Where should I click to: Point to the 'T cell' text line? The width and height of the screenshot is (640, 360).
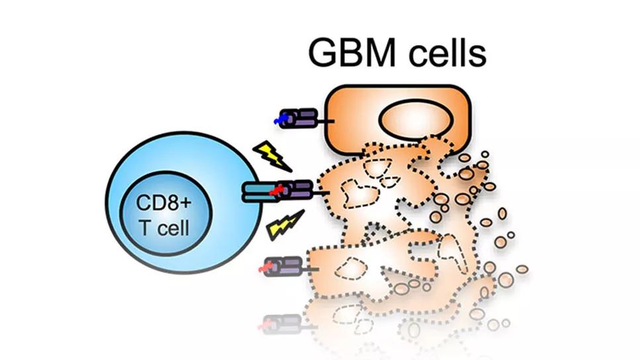164,228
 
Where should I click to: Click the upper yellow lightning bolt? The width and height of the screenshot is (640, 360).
271,156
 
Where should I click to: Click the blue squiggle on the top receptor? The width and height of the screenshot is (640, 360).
282,119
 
